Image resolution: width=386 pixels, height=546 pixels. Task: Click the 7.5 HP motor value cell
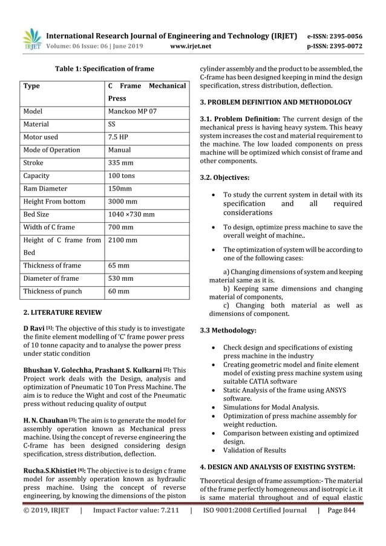119,137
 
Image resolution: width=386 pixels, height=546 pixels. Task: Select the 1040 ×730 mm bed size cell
131,214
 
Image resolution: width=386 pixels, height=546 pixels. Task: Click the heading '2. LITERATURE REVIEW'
62,313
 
